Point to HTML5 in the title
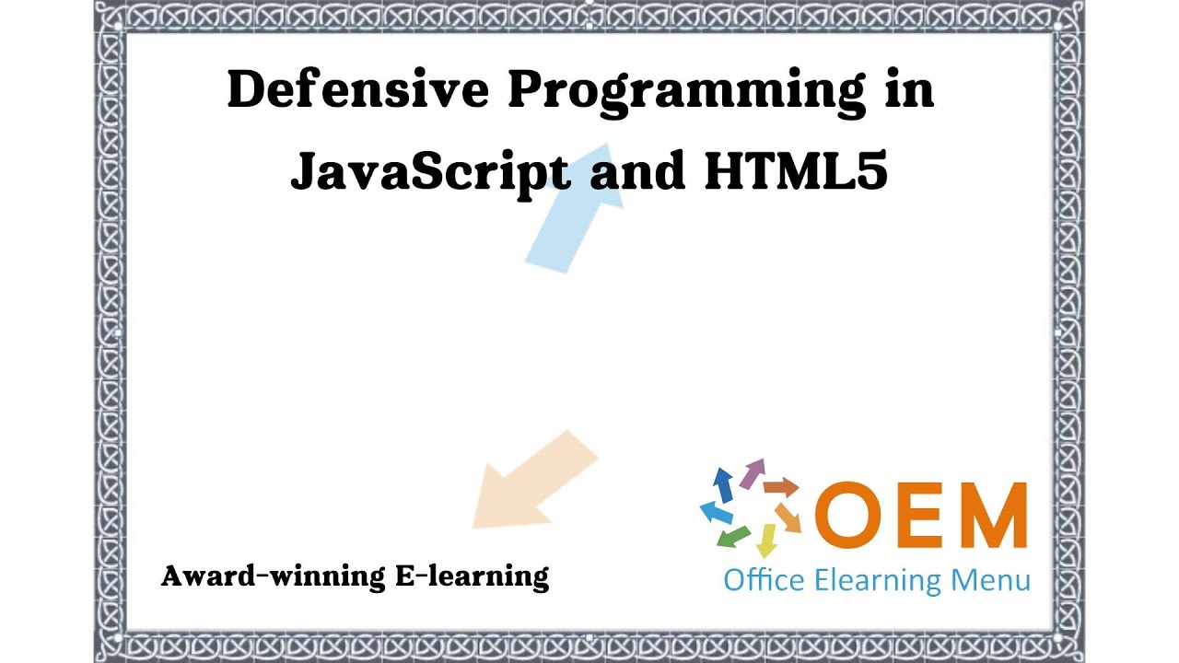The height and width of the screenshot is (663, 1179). tap(795, 170)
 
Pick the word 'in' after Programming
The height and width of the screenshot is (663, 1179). tap(910, 90)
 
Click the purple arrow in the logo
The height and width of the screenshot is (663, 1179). tap(753, 472)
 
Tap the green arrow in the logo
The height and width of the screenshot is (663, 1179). tap(733, 535)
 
